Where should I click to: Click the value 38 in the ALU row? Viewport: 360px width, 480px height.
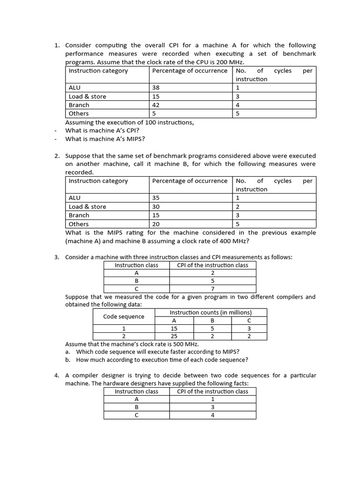click(157, 88)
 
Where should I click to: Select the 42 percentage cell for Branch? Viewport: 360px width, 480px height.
click(157, 105)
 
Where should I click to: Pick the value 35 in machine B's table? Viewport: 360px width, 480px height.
click(157, 198)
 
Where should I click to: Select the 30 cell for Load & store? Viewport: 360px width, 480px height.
click(157, 207)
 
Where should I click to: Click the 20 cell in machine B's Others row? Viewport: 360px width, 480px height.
click(157, 224)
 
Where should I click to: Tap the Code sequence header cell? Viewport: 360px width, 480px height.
click(124, 316)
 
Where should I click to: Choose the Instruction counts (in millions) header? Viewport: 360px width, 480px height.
click(210, 312)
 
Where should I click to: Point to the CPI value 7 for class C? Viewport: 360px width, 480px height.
click(212, 289)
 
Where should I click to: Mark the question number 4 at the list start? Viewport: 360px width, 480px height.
click(56, 375)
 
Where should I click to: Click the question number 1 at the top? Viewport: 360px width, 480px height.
click(56, 45)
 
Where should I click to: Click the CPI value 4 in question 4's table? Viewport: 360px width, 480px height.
click(212, 415)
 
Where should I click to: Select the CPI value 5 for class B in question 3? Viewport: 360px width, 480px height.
click(212, 280)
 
